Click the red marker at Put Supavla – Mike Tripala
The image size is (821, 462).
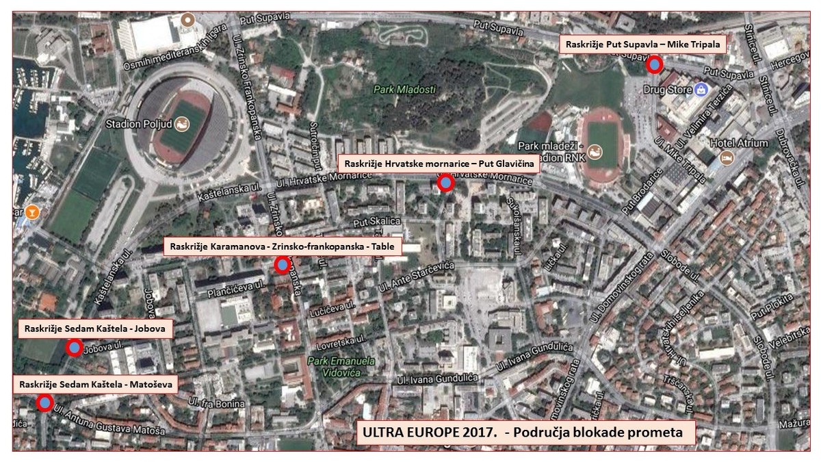click(655, 64)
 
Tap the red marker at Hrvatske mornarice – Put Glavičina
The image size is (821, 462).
click(446, 183)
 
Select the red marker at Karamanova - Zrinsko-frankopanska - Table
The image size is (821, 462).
click(282, 265)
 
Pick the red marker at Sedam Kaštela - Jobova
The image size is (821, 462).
click(74, 347)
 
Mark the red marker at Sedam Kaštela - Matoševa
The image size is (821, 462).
click(45, 402)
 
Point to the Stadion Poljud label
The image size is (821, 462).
click(140, 125)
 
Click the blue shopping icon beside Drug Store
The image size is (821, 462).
click(701, 90)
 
